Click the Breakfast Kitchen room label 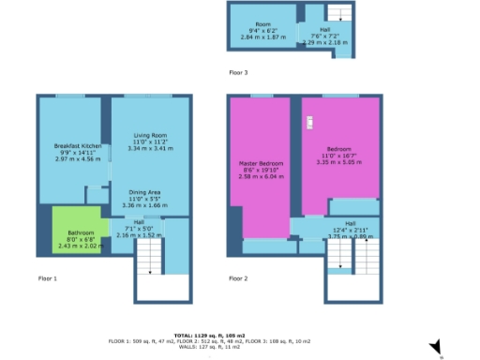[78, 145]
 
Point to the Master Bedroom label [261, 163]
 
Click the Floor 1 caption [47, 278]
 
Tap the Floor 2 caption [238, 278]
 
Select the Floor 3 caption [238, 71]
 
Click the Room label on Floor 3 [262, 23]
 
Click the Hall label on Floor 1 [139, 221]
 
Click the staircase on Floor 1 [150, 258]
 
